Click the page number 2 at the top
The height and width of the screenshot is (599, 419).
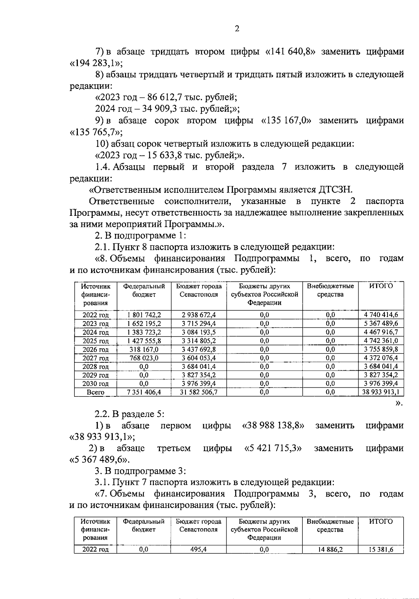pyautogui.click(x=237, y=29)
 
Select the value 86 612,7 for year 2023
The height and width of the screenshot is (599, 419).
pyautogui.click(x=158, y=97)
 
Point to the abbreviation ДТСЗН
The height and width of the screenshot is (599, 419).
pyautogui.click(x=335, y=190)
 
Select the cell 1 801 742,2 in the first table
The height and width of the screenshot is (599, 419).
pyautogui.click(x=144, y=315)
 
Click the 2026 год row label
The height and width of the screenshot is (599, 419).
pyautogui.click(x=95, y=349)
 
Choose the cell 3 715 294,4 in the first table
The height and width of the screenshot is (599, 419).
pyautogui.click(x=199, y=324)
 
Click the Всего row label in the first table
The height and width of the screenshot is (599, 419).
pyautogui.click(x=95, y=392)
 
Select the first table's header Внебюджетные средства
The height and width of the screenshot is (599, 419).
pyautogui.click(x=330, y=290)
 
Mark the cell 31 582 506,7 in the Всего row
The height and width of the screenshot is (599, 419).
pyautogui.click(x=199, y=392)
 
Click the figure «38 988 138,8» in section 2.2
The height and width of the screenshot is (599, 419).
pyautogui.click(x=273, y=426)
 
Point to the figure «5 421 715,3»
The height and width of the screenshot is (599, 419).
pyautogui.click(x=273, y=448)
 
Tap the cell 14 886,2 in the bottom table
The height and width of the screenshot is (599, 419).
pyautogui.click(x=330, y=549)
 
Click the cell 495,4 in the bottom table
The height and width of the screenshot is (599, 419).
pyautogui.click(x=198, y=549)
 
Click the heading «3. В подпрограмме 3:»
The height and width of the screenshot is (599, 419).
pyautogui.click(x=140, y=471)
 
